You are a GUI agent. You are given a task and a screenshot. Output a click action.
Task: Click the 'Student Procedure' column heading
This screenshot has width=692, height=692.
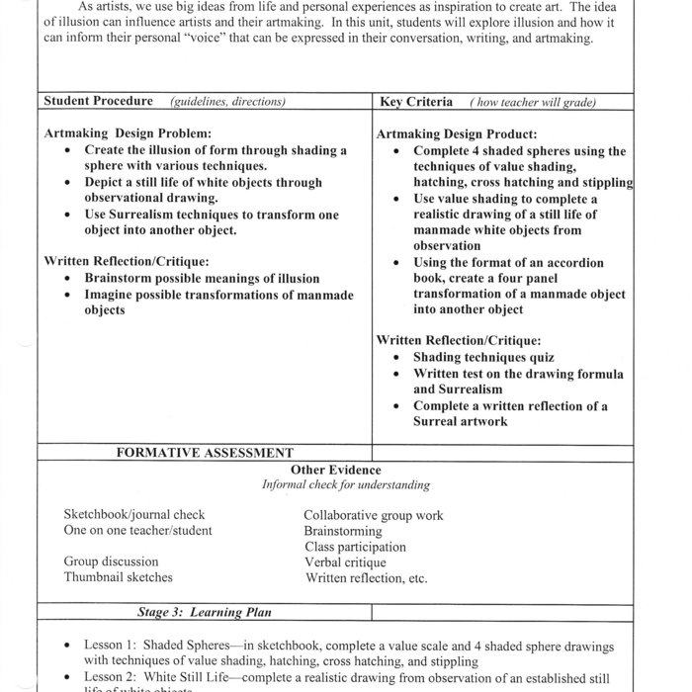click(x=99, y=102)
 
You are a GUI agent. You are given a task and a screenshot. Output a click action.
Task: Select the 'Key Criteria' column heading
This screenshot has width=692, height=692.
click(x=416, y=102)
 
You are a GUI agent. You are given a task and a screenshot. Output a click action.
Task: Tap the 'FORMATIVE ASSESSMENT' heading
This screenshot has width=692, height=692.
click(x=205, y=452)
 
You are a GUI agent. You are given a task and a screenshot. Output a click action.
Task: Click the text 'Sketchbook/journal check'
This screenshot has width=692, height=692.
click(x=134, y=515)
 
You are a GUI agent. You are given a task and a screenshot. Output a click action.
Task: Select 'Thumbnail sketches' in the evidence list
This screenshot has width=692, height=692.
click(x=119, y=577)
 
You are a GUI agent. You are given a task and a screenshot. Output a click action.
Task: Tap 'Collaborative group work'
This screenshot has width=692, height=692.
click(x=374, y=515)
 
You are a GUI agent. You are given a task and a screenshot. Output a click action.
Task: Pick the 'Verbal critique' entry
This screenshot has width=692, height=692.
click(x=345, y=562)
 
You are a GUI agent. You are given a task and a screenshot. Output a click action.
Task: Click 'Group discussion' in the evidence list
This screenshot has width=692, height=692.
click(x=111, y=562)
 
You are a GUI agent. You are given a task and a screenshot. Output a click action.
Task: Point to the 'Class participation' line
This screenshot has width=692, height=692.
click(x=356, y=547)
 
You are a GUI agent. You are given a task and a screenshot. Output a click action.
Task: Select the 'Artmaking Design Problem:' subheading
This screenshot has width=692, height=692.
click(x=129, y=132)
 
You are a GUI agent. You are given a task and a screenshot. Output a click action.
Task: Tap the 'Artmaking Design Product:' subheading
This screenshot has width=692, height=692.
click(x=457, y=133)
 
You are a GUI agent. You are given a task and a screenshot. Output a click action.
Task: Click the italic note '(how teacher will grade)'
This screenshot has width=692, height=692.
click(x=533, y=103)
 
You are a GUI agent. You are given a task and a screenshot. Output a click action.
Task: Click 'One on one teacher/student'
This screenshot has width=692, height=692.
click(x=137, y=531)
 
